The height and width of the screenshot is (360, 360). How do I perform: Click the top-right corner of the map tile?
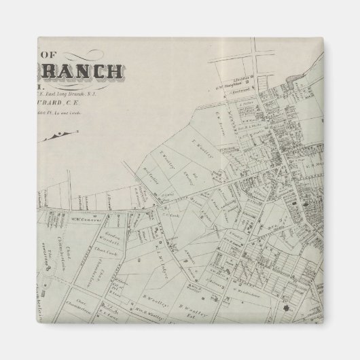323,37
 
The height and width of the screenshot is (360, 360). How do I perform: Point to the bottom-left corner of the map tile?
37,323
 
